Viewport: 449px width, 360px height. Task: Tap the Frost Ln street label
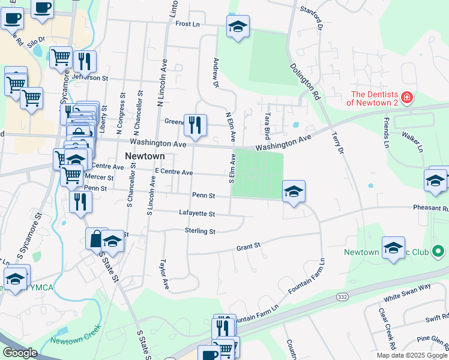click(x=187, y=24)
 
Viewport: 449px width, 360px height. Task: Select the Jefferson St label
click(x=89, y=78)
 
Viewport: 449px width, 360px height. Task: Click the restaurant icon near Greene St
click(x=194, y=125)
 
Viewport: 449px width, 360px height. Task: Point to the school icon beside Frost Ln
click(x=238, y=26)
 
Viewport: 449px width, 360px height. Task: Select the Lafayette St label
click(x=197, y=213)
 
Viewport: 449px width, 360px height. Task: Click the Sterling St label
click(x=200, y=231)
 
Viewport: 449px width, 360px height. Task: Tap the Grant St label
click(x=248, y=247)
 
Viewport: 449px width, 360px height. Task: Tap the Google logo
click(x=20, y=353)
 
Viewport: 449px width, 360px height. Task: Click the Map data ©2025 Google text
click(x=411, y=355)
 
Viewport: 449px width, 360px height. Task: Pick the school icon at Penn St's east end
click(x=294, y=191)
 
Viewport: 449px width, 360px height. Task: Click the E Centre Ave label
click(x=173, y=173)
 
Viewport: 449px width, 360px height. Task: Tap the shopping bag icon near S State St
click(x=95, y=238)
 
